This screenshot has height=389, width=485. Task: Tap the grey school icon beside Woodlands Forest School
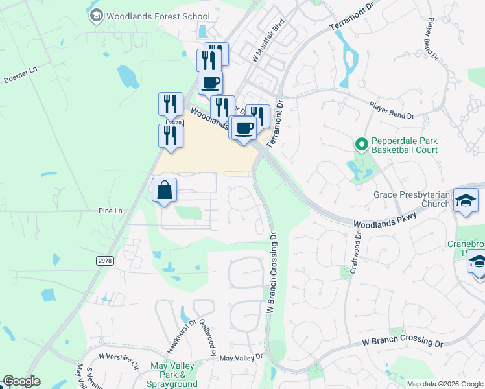pos(96,16)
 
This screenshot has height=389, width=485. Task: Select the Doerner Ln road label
pos(18,80)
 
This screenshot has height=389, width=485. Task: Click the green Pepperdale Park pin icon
pos(361,143)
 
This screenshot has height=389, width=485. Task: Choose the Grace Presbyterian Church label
pos(411,199)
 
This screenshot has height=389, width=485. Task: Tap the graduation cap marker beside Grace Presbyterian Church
pos(466,200)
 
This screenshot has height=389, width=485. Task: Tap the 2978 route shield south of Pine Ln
pos(104,260)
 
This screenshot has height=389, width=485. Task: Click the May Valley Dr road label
pos(241,357)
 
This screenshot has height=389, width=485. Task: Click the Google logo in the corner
pos(21,381)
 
